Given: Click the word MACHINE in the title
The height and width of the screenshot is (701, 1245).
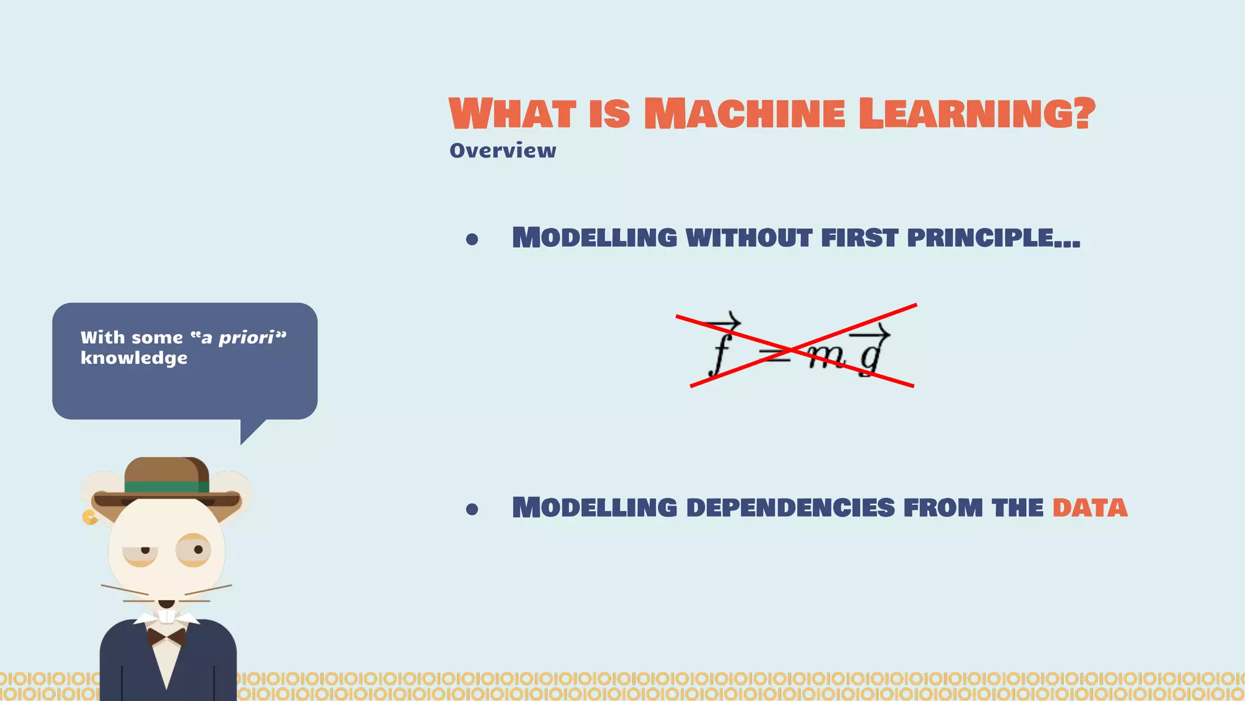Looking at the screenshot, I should point(744,114).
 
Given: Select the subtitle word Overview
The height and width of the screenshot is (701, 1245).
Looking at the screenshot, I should point(503,150).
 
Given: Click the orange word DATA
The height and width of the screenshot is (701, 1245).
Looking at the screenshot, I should point(1090,508).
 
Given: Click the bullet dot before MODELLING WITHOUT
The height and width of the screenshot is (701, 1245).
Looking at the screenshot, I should point(472,240).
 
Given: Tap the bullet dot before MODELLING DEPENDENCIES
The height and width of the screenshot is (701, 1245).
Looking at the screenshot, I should point(472,509).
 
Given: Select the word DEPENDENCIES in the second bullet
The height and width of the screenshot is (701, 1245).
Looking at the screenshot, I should point(790,508).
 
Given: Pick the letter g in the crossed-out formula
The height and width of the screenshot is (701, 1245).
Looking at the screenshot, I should point(871,356).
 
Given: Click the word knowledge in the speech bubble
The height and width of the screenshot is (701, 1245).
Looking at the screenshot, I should point(134,358).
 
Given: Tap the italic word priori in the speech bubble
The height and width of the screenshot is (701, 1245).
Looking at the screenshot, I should point(246,337).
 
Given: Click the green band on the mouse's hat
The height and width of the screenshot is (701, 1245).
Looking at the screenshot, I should point(167,487).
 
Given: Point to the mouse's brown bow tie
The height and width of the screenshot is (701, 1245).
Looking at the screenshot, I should point(167,637).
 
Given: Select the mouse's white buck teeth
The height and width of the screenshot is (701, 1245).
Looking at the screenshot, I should point(167,616).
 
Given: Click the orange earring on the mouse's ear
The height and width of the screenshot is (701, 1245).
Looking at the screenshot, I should point(89,517).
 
